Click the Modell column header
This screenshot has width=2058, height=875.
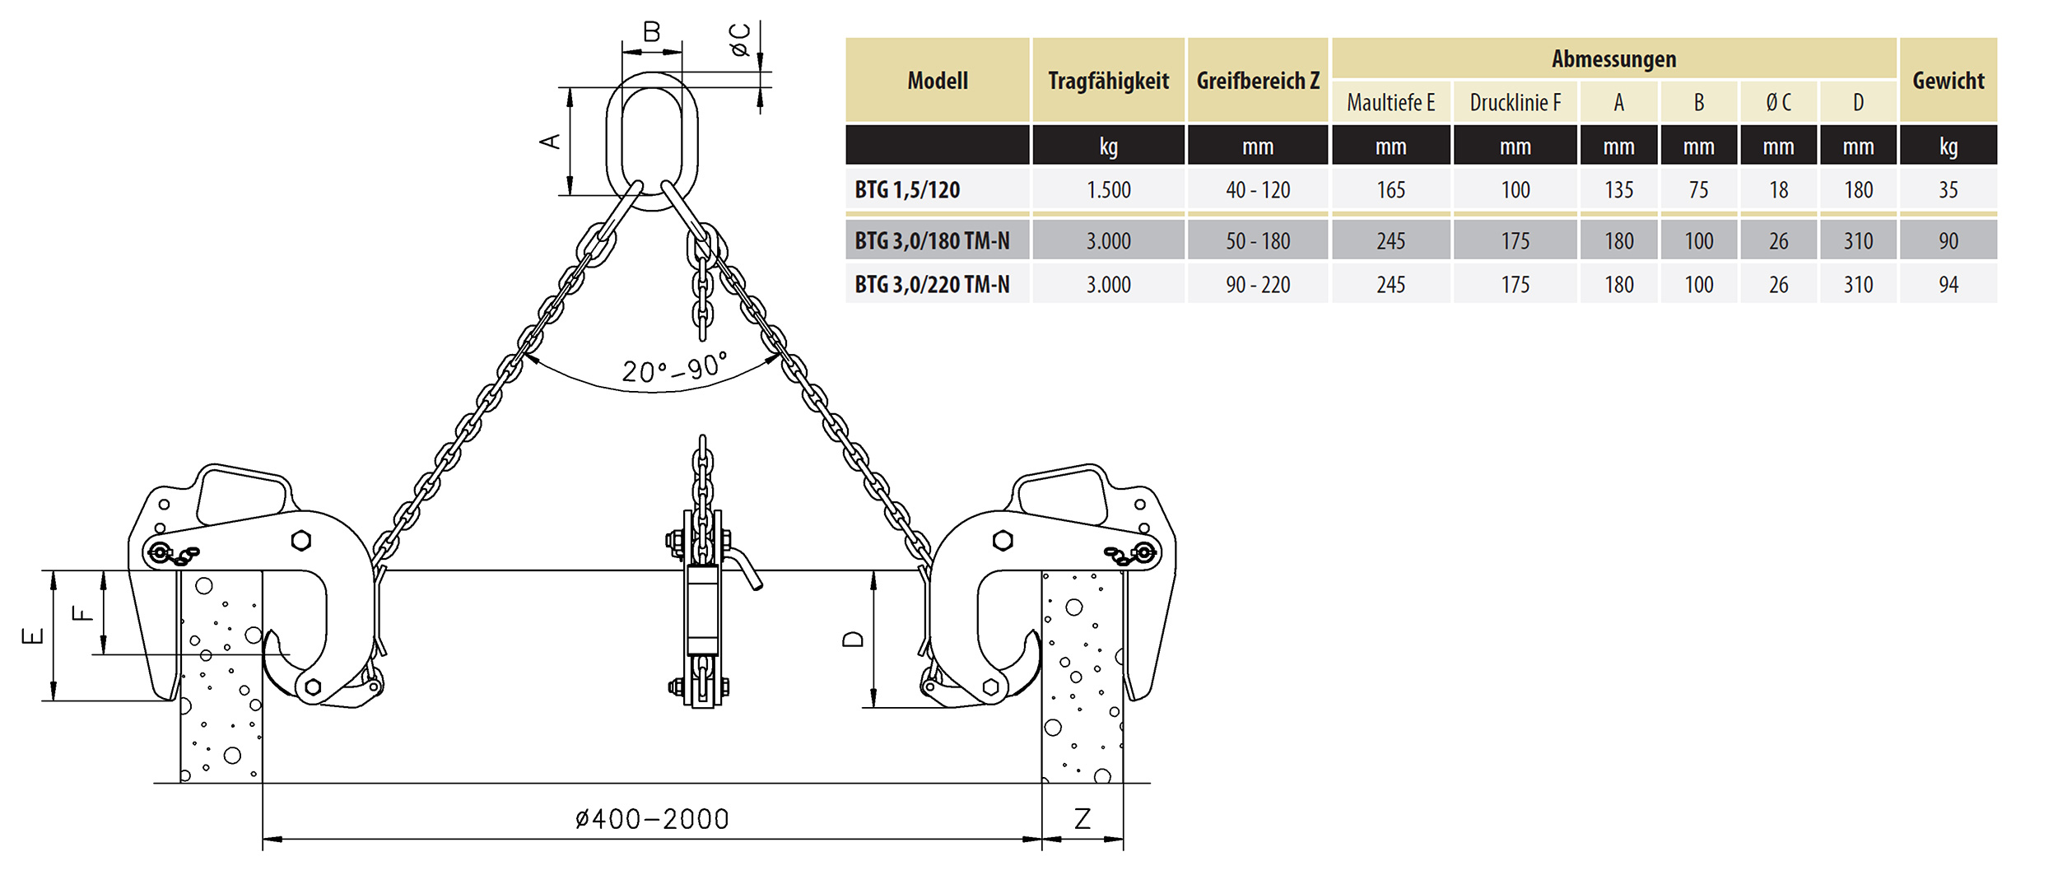(938, 81)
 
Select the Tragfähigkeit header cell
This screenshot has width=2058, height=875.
(1108, 81)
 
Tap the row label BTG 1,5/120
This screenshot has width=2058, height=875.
(907, 190)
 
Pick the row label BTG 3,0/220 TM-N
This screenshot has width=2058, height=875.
(932, 285)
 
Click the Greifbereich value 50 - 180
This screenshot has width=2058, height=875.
(1258, 241)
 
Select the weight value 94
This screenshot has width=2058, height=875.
(1948, 285)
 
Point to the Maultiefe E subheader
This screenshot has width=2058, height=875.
(1390, 103)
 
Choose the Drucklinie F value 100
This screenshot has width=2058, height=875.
(1515, 190)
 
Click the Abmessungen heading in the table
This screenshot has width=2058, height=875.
(1613, 59)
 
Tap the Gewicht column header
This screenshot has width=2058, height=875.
(1948, 81)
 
